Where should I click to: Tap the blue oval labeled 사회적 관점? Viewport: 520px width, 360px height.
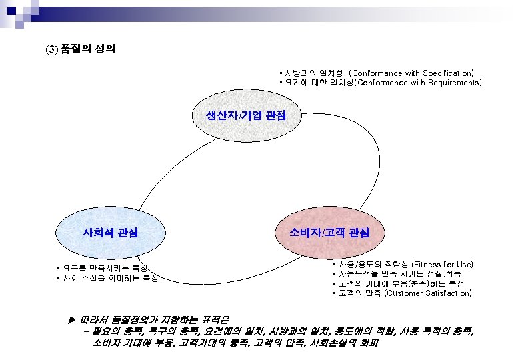tap(110, 233)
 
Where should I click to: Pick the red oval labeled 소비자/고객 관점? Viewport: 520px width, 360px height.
tap(329, 233)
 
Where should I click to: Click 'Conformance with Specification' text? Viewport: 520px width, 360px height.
tap(411, 73)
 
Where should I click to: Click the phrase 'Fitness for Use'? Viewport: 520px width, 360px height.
tap(443, 265)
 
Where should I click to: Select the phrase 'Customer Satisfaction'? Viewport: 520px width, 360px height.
tap(428, 293)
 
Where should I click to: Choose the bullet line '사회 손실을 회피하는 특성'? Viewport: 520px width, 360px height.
tap(110, 278)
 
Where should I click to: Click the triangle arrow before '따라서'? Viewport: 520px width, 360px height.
tap(72, 319)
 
